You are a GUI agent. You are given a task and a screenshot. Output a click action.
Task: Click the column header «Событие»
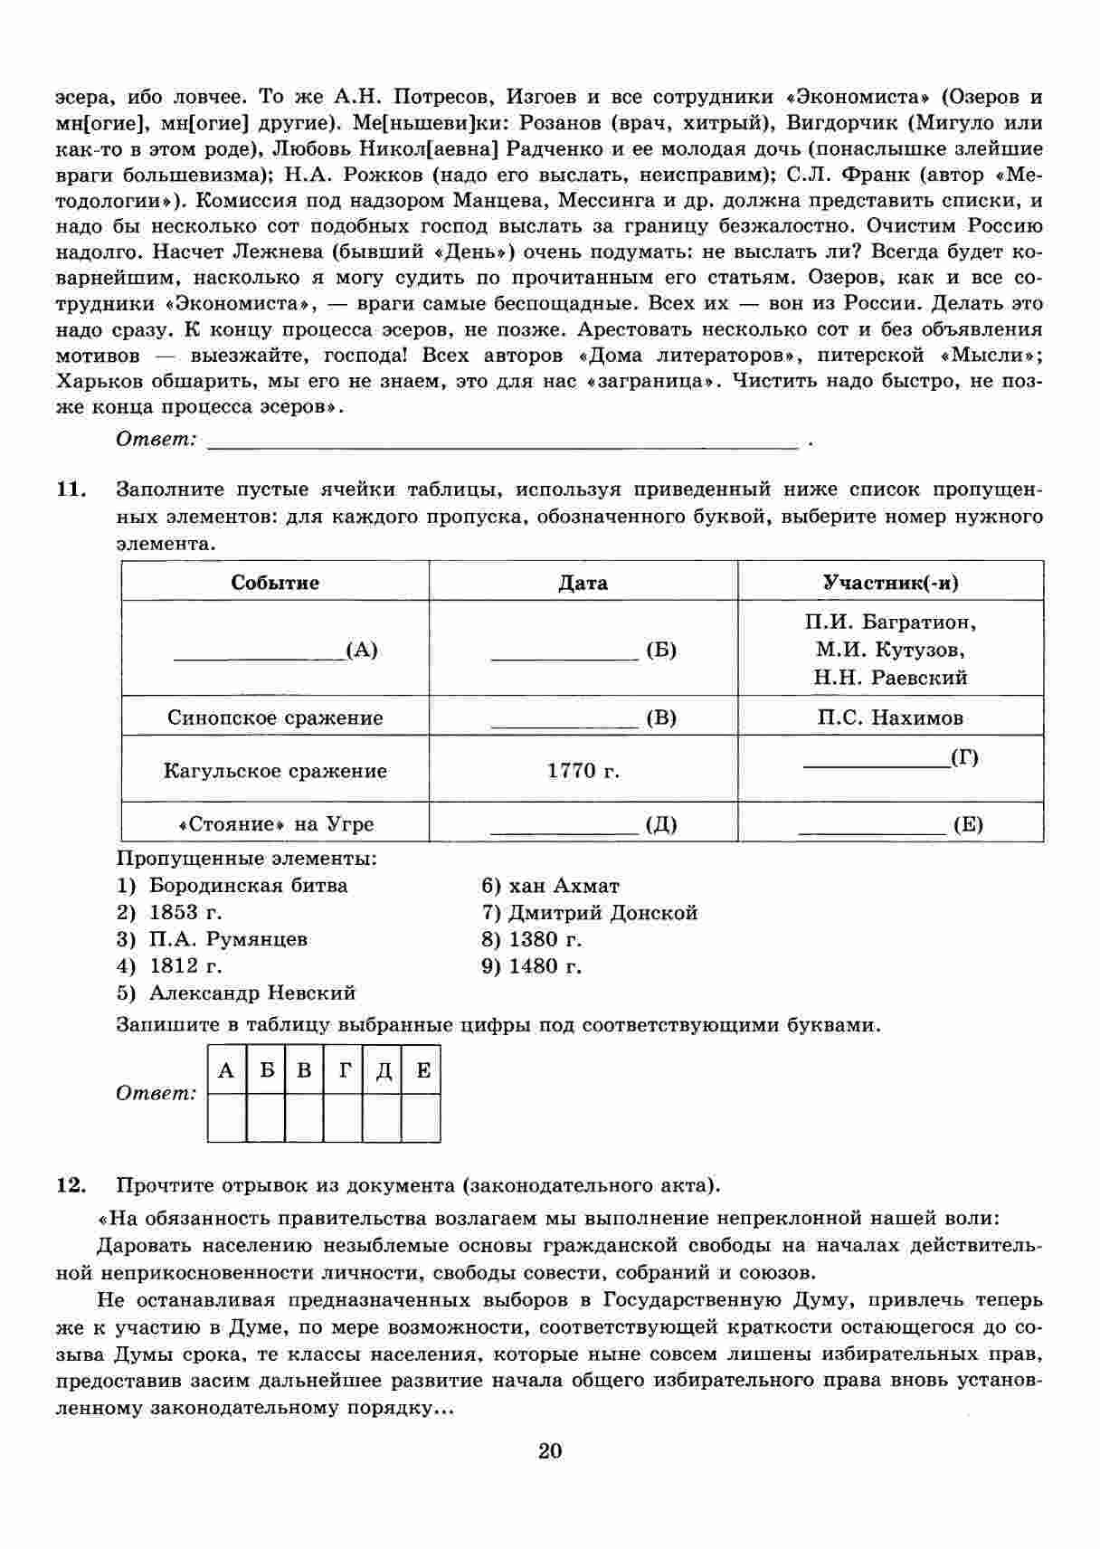[275, 582]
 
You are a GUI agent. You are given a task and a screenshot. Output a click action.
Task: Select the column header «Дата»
[583, 583]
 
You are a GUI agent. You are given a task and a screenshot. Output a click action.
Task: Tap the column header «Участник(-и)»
[890, 582]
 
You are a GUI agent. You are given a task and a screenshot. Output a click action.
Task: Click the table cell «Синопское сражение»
[275, 717]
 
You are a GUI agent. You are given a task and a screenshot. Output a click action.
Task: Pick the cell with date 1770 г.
[583, 770]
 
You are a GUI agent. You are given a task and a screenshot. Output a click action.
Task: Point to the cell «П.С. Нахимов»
[890, 717]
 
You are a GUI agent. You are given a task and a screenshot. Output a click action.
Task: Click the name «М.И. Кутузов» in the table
[890, 650]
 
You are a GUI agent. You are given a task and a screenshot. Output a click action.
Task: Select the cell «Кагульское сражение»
[275, 771]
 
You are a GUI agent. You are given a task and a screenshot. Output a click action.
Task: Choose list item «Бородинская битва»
[248, 885]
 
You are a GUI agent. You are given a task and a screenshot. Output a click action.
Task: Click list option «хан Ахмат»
[564, 885]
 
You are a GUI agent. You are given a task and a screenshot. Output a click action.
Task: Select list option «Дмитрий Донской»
[602, 912]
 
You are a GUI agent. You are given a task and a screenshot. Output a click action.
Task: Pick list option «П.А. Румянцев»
[228, 938]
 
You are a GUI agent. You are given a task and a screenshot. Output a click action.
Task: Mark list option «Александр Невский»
[252, 993]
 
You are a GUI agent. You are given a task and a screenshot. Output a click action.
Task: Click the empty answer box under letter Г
[344, 1118]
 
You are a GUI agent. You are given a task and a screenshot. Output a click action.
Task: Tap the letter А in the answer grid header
[226, 1071]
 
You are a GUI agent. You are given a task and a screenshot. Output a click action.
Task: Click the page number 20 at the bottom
[550, 1451]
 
